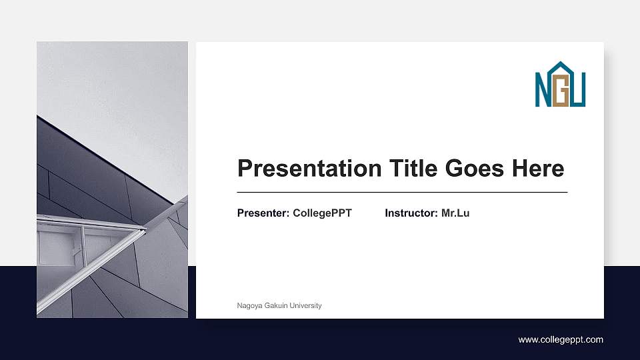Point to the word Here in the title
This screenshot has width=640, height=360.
(537, 168)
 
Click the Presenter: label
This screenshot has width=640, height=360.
(263, 213)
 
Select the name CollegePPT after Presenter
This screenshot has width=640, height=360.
(322, 213)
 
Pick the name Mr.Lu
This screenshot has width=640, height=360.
(455, 213)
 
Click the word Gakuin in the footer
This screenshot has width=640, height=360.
(276, 305)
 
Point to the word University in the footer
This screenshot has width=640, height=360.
(306, 305)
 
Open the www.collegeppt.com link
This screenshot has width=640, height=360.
(561, 340)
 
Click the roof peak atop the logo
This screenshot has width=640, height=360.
(560, 65)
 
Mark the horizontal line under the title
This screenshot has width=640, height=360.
(402, 192)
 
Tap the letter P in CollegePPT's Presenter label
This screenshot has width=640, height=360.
(241, 213)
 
